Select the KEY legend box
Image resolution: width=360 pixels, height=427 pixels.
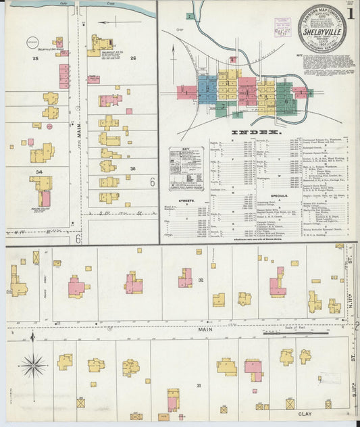(186, 169)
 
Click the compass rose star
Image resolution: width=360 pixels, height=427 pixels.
(32, 366)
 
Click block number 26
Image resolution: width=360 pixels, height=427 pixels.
(133, 59)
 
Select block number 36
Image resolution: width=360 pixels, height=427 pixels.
(133, 169)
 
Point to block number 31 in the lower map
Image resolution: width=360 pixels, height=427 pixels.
(199, 385)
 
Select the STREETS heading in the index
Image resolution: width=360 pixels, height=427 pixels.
(184, 201)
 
